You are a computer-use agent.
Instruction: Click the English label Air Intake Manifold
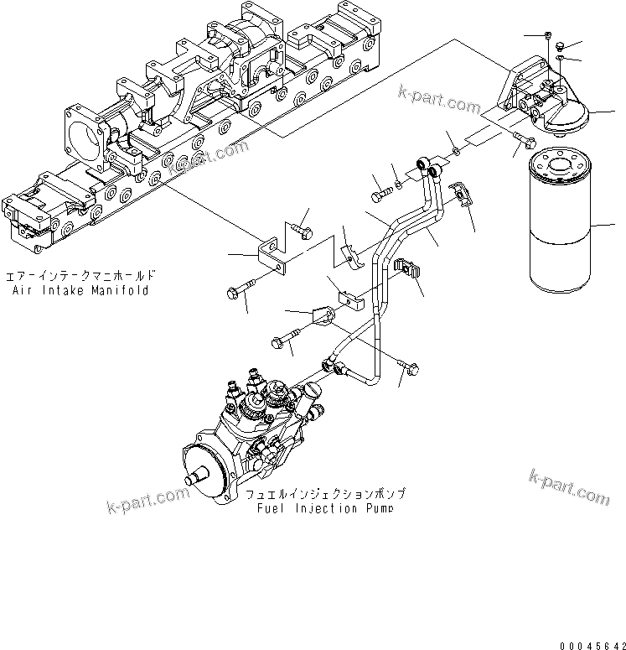click(x=80, y=290)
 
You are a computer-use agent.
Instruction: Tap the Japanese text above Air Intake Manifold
click(x=80, y=276)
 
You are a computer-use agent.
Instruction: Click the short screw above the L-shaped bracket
click(x=302, y=226)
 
